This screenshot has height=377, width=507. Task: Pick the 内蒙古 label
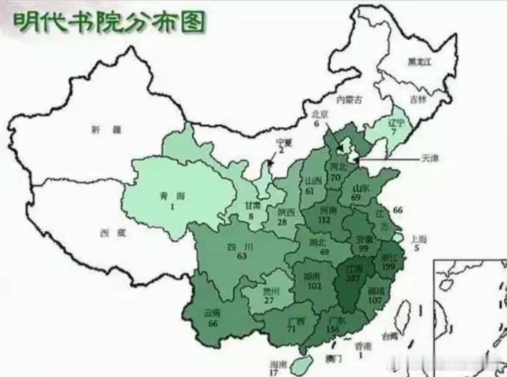click(349, 100)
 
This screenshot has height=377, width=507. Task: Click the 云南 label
click(211, 313)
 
